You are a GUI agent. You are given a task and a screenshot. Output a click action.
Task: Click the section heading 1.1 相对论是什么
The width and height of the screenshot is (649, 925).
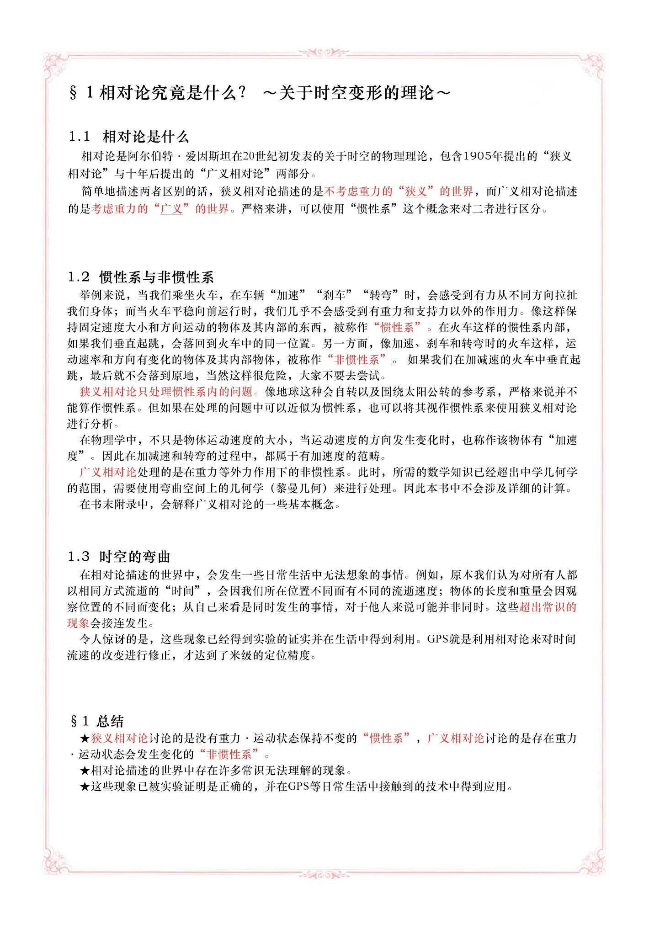click(128, 137)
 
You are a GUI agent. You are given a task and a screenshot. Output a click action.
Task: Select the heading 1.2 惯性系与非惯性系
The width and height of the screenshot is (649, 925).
click(141, 277)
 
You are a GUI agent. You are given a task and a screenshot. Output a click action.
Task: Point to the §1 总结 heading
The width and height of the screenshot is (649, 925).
click(97, 722)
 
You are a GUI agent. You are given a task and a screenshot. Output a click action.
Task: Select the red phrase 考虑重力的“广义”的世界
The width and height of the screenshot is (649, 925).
click(160, 209)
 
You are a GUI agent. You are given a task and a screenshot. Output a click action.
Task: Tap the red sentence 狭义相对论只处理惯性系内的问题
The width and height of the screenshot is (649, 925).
click(166, 392)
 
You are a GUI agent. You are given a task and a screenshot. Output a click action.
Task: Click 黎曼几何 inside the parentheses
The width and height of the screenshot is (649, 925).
click(299, 488)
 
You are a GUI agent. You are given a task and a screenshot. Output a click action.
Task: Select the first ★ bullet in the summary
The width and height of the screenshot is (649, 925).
click(85, 738)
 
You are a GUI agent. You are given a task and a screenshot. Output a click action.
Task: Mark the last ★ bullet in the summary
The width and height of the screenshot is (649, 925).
click(85, 787)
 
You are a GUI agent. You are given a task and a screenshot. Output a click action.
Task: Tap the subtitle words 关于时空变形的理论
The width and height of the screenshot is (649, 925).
click(356, 93)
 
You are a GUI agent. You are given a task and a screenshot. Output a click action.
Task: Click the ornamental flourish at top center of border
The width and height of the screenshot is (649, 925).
click(324, 52)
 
